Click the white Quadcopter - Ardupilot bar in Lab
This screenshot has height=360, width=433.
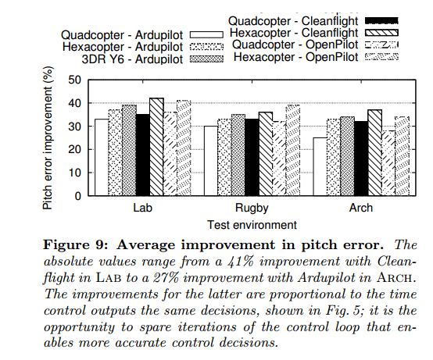102,158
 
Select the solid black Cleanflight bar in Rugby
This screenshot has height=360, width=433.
252,158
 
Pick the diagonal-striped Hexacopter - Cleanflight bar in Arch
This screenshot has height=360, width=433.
375,153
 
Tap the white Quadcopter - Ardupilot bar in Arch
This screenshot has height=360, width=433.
320,167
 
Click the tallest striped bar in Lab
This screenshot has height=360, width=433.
156,147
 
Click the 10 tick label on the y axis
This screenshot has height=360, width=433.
74,173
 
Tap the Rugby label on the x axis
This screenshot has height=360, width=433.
252,208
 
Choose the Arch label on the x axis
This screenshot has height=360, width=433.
361,208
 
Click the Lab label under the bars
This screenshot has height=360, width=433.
142,208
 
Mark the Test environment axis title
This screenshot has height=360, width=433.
252,225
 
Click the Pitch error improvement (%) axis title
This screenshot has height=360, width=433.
48,138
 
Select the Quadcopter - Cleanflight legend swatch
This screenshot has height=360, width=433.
381,20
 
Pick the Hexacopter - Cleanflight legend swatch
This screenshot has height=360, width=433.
381,33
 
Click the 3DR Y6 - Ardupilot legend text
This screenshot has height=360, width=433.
132,59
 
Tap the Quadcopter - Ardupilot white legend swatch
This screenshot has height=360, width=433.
206,35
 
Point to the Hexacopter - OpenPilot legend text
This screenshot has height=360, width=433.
295,57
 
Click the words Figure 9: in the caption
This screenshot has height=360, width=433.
75,245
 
